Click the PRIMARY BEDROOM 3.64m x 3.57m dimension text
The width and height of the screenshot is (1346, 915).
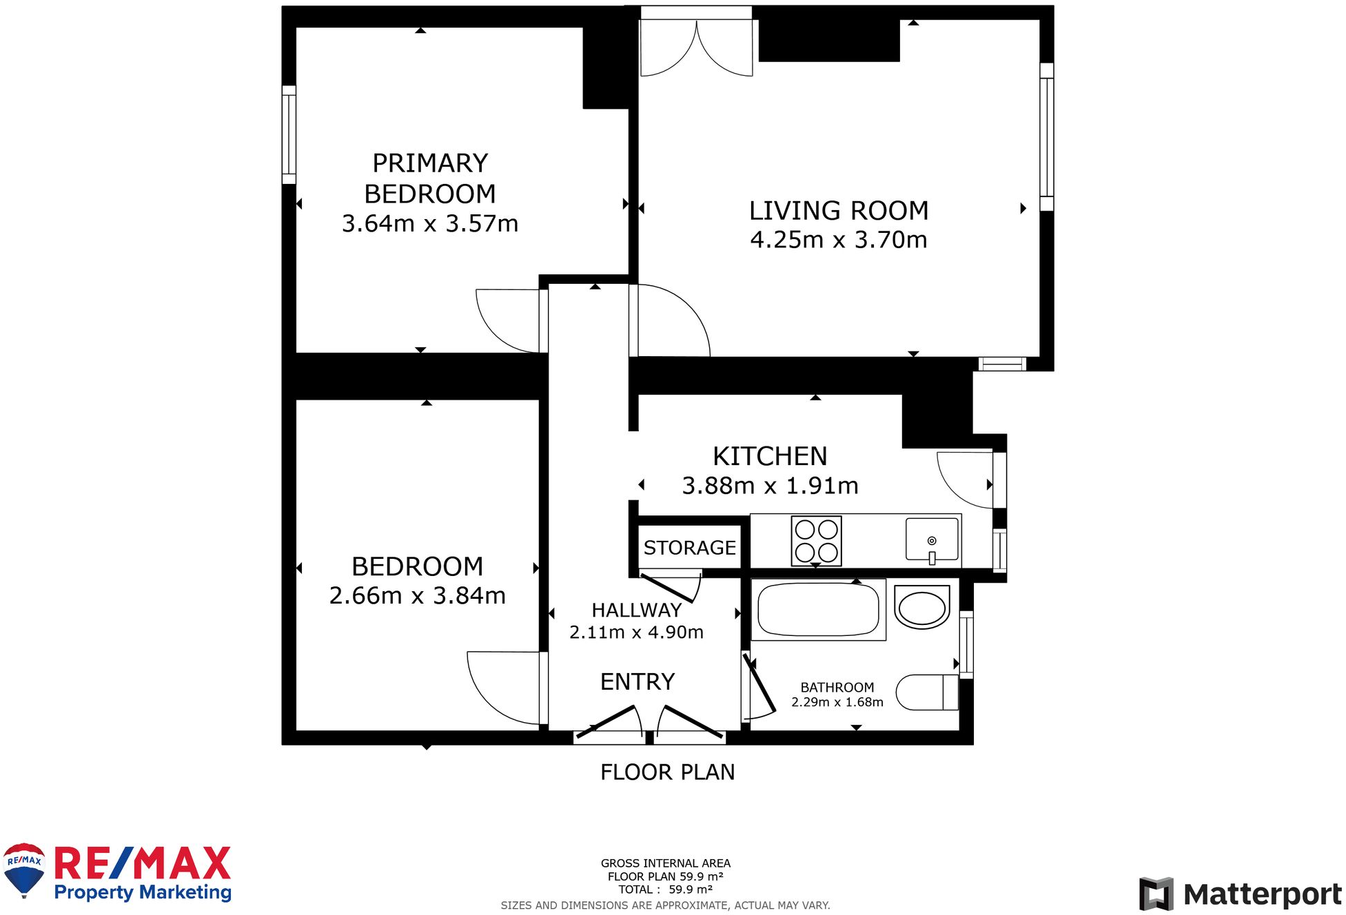click(x=429, y=224)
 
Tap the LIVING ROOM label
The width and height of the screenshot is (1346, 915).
click(x=838, y=211)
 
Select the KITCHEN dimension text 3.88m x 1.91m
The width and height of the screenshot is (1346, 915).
click(x=770, y=486)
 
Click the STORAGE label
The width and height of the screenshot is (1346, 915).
click(x=689, y=548)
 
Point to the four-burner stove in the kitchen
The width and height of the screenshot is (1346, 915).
click(x=816, y=541)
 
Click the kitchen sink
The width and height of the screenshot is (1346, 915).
click(x=931, y=539)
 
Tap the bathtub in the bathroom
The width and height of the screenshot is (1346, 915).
click(x=817, y=610)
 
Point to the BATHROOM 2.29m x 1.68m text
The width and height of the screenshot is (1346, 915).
click(x=837, y=695)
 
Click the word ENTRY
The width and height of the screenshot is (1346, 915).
click(x=637, y=682)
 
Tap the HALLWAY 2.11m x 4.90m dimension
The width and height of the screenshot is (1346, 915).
click(x=636, y=633)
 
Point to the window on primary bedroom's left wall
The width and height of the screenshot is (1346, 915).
click(x=289, y=134)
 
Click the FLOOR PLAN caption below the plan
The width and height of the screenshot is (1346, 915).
click(x=667, y=772)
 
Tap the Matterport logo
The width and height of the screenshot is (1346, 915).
click(x=1240, y=894)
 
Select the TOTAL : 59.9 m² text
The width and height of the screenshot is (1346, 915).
click(x=665, y=890)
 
